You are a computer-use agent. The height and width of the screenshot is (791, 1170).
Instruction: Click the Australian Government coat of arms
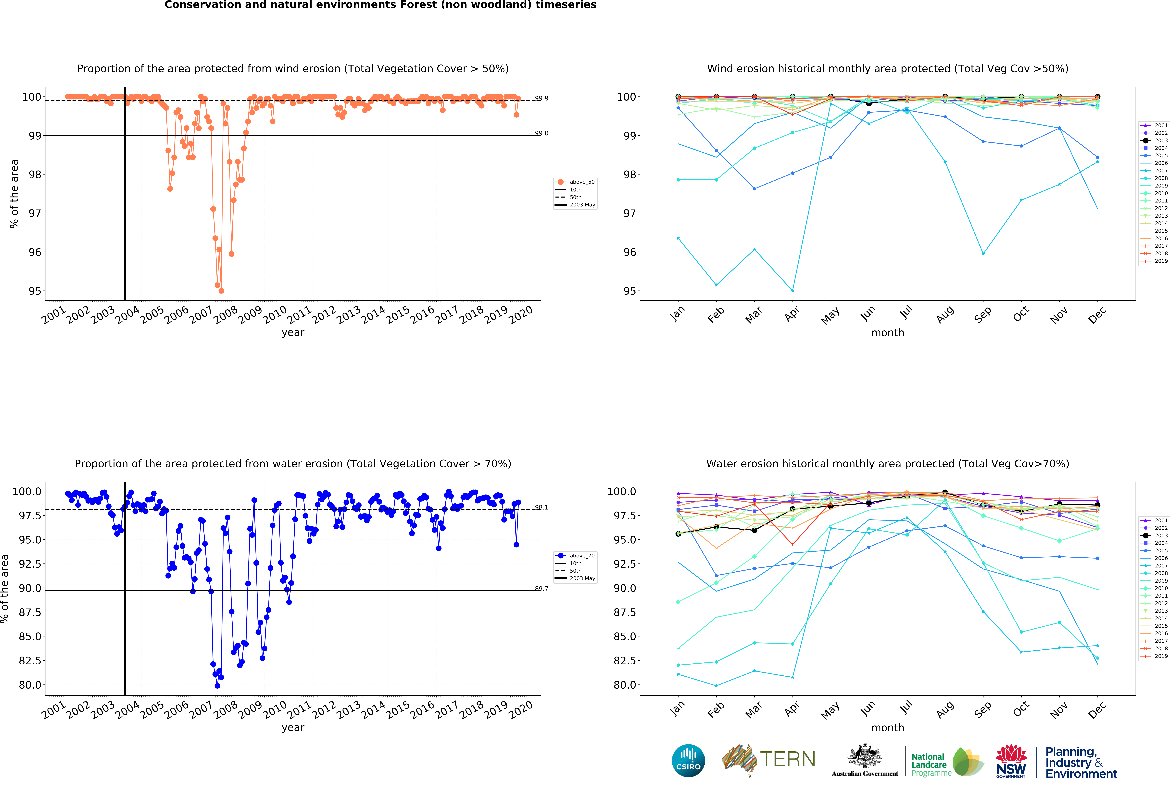(864, 756)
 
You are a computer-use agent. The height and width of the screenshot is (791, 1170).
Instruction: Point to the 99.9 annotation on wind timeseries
(542, 98)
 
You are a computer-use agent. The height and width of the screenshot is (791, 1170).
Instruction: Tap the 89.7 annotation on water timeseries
(542, 589)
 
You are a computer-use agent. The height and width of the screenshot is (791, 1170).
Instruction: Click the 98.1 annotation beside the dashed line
(542, 507)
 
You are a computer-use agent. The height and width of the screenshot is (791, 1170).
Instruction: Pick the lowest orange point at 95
(222, 291)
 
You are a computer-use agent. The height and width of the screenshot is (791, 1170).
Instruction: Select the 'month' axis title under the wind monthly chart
(888, 333)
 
